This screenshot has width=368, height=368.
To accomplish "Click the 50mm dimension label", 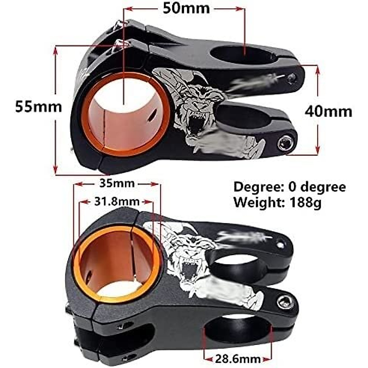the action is tap(186, 8).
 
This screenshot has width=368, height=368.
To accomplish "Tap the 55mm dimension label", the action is tap(39, 107).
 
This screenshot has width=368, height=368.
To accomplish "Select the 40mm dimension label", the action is tap(328, 111).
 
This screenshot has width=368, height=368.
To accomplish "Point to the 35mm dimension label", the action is tap(117, 183).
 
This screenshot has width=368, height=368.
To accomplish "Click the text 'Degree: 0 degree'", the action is tap(289, 187).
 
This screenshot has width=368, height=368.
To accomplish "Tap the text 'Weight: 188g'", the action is tap(277, 202).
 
